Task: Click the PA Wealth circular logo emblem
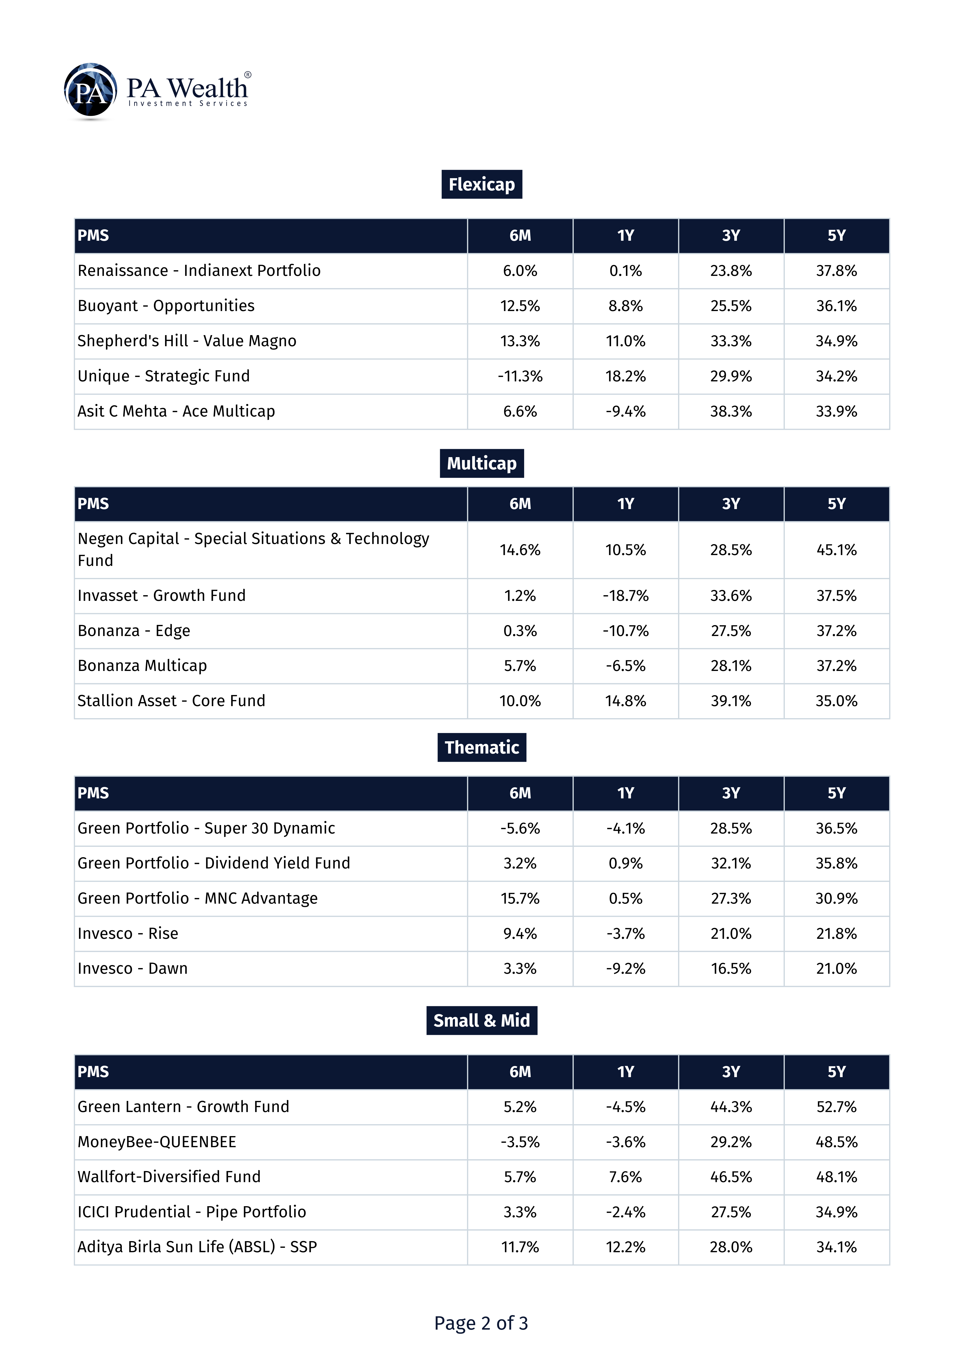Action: tap(90, 91)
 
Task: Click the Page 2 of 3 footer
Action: tap(481, 1323)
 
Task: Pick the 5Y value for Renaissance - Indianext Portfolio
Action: tap(837, 271)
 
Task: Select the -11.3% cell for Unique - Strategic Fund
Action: tap(520, 376)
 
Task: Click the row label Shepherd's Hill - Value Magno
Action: tap(187, 341)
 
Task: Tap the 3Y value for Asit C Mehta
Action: tap(731, 411)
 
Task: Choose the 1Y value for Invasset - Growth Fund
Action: tap(625, 596)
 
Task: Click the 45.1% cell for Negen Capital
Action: tap(837, 550)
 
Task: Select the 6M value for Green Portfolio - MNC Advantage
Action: tap(520, 898)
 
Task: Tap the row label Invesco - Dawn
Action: tap(132, 968)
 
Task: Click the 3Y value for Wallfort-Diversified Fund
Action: tap(731, 1177)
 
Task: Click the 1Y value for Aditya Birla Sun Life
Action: tap(625, 1247)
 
